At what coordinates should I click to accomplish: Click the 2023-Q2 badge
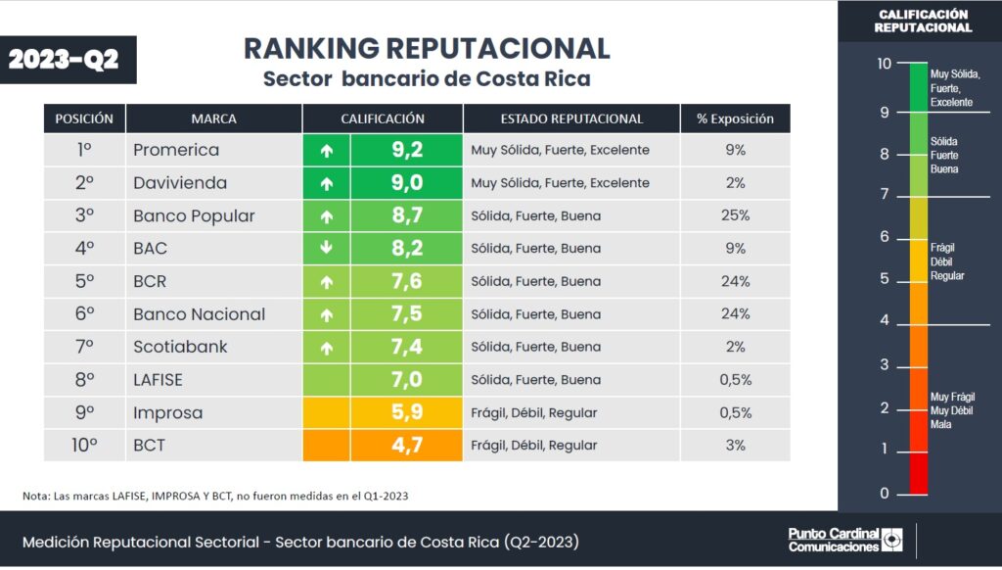point(64,59)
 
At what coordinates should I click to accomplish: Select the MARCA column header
point(213,119)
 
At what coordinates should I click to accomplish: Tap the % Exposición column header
point(735,119)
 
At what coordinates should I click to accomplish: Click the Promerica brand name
point(176,151)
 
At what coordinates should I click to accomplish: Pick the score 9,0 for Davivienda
point(406,183)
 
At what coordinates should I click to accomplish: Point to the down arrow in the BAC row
point(327,249)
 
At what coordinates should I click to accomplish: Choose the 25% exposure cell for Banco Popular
point(735,215)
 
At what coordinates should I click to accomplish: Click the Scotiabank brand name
point(182,347)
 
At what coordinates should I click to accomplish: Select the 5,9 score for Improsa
point(406,412)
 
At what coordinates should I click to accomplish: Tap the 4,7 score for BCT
point(406,446)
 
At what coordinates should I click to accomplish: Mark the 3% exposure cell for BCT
point(735,446)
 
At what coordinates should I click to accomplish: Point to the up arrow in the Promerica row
point(327,151)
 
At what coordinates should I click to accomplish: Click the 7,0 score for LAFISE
point(406,380)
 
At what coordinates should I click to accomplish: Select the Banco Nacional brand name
point(199,314)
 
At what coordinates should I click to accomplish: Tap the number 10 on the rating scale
point(884,65)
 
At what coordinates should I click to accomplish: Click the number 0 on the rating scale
point(885,494)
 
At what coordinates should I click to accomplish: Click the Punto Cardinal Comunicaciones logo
point(845,540)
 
